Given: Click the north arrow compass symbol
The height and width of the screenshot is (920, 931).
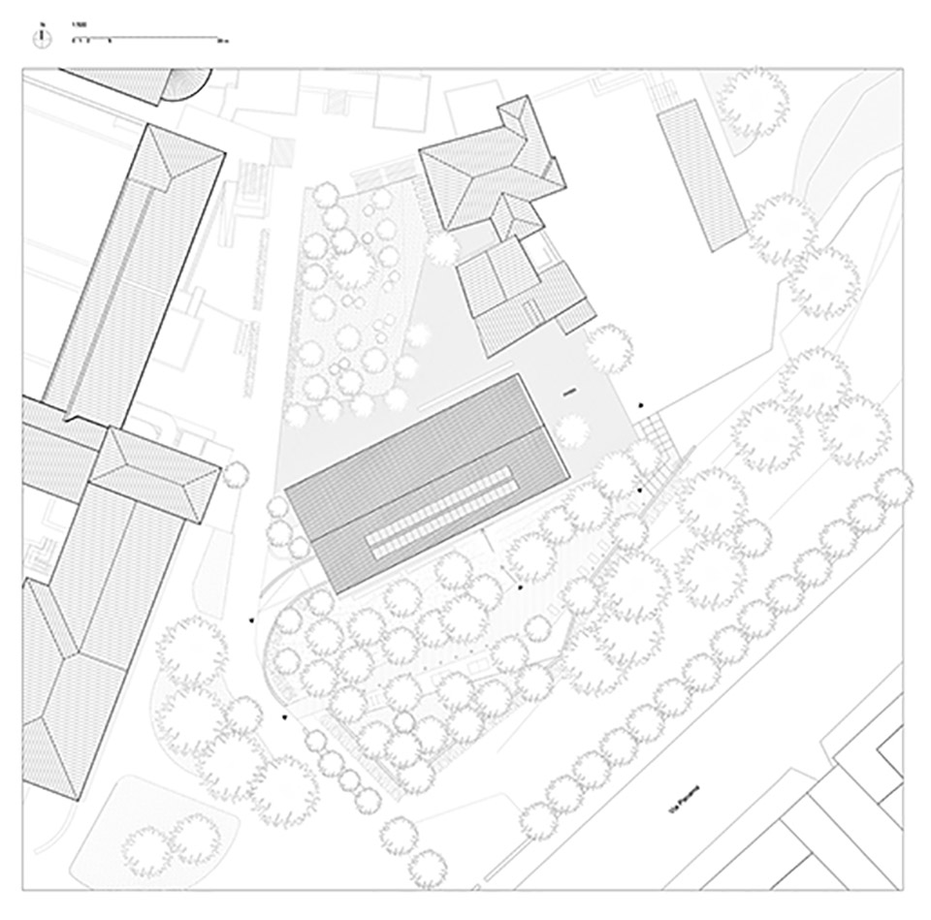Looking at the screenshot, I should coord(42,38).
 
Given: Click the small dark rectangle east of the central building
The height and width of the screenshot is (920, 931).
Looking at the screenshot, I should coord(568,393).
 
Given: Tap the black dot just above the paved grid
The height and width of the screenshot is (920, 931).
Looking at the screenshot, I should coord(641,406).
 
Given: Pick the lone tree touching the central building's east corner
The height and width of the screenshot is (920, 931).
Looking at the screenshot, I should coord(574,428).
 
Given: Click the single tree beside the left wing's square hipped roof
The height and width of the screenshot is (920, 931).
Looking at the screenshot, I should coord(234,475).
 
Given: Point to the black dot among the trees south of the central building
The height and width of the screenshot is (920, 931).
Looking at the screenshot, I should coord(520,587).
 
